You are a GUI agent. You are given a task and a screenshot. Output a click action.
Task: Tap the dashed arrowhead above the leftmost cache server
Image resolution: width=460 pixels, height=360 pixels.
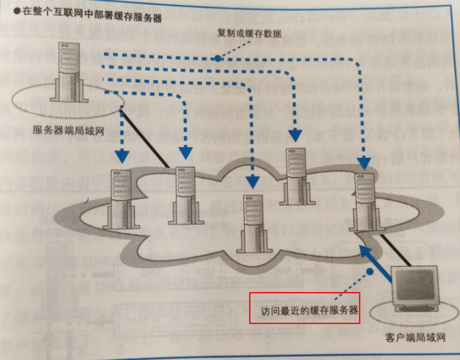(x=122, y=156)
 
